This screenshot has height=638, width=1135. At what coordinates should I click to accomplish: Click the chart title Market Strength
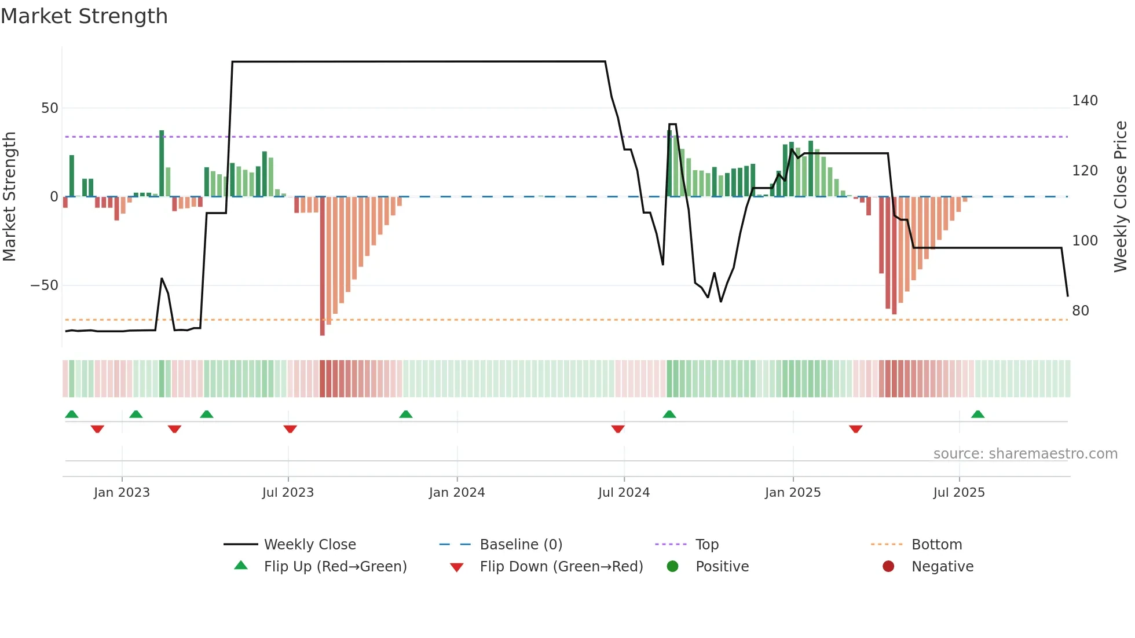point(84,16)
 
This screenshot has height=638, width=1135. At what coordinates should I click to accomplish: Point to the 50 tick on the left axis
point(50,108)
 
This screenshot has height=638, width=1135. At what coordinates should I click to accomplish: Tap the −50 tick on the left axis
point(45,285)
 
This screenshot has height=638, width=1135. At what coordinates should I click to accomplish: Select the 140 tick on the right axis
point(1085,101)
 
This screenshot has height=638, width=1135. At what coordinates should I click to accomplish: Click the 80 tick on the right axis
point(1080,311)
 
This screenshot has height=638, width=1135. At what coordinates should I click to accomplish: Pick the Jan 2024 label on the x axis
point(457,493)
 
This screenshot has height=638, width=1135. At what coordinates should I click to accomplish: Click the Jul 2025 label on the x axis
point(958,493)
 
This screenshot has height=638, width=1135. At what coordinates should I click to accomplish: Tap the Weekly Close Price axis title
point(1121,197)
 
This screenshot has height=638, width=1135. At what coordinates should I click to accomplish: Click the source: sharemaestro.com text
point(1025,454)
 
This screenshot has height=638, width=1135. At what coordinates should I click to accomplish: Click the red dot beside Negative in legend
point(888,566)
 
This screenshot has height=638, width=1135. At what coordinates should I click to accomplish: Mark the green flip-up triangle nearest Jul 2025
point(977,415)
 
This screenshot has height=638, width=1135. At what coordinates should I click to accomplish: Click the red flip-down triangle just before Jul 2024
point(618,429)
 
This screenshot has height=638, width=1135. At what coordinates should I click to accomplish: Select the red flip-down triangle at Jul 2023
point(290,429)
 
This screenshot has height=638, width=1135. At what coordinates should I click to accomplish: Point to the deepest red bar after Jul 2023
point(323,266)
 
